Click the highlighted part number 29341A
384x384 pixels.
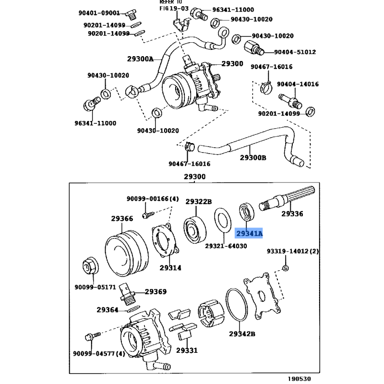point(249,234)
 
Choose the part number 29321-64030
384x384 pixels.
point(226,246)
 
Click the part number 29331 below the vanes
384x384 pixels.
point(186,350)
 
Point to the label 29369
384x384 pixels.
point(156,291)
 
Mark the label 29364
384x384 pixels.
point(107,310)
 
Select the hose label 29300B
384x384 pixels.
point(253,157)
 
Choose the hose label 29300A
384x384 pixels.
point(140,59)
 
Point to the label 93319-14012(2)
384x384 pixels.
point(293,251)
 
